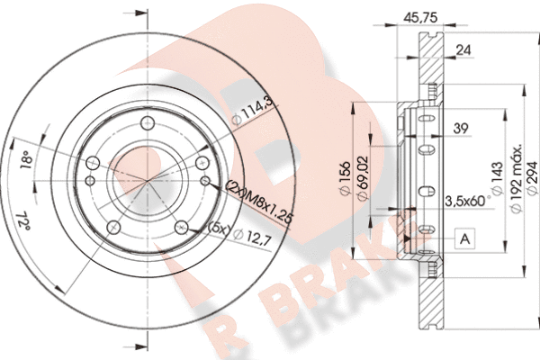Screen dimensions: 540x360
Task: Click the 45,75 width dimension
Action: pyautogui.click(x=420, y=17)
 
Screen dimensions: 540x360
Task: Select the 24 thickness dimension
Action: pyautogui.click(x=463, y=50)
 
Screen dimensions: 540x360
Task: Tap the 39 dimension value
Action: pyautogui.click(x=461, y=128)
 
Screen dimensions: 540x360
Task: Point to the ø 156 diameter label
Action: pyautogui.click(x=345, y=178)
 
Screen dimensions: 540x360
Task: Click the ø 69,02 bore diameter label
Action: pyautogui.click(x=363, y=178)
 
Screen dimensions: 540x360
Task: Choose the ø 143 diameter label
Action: pyautogui.click(x=497, y=178)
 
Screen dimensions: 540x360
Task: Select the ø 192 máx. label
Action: pyautogui.click(x=517, y=178)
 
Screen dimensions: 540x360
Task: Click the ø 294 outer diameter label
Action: pyautogui.click(x=532, y=178)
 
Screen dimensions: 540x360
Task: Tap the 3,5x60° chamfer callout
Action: pyautogui.click(x=468, y=201)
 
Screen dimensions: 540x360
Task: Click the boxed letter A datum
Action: pyautogui.click(x=465, y=238)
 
